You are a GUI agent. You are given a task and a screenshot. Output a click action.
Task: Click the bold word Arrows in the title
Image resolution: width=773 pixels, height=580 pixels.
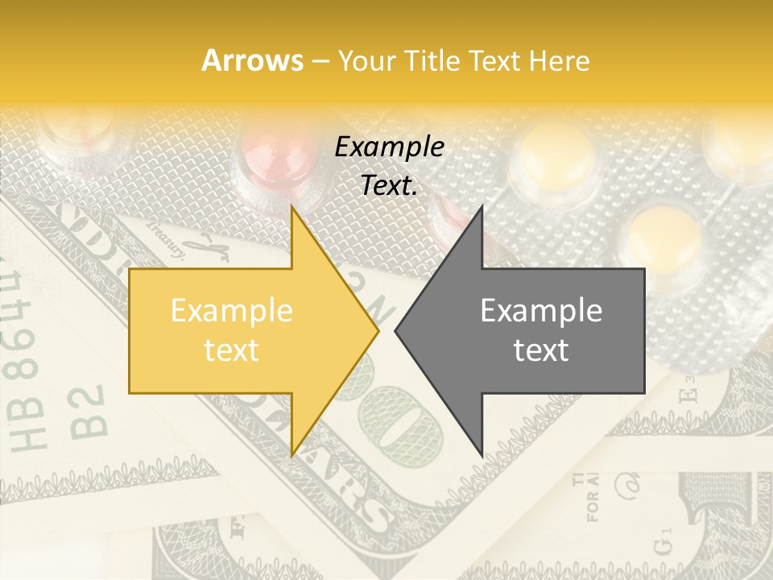coord(251,60)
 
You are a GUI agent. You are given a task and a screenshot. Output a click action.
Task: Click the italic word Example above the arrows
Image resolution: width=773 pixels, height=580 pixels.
coord(389,147)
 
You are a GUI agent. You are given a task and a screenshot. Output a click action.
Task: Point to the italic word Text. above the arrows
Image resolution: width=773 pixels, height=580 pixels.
coord(389,186)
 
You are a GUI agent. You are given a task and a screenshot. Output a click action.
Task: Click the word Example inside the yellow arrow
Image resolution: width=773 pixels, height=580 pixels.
coord(231,311)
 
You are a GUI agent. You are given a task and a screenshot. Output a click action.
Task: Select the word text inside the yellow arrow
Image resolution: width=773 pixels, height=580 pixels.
coord(231,350)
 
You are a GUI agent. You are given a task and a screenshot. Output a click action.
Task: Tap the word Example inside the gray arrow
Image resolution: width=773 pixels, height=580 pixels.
coord(541,311)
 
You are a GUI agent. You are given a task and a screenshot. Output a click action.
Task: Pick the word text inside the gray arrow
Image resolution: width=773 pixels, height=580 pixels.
coord(541,350)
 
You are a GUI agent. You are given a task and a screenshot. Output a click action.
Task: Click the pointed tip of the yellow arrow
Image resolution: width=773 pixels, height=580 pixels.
coord(378,330)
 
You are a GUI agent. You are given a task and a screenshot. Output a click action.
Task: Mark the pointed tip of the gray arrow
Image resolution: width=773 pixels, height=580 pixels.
coord(396,330)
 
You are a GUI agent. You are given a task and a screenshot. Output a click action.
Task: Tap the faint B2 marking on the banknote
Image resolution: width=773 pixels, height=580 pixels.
coord(91,411)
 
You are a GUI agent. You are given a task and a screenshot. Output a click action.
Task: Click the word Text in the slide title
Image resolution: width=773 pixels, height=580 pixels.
coord(494,60)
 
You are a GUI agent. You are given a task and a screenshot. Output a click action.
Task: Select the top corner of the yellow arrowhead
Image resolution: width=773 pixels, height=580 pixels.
coord(292,207)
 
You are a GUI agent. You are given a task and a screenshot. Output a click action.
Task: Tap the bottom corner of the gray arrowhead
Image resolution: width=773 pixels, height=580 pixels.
coord(482,455)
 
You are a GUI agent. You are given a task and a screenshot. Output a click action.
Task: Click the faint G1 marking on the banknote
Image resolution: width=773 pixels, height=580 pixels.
coord(662,542)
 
